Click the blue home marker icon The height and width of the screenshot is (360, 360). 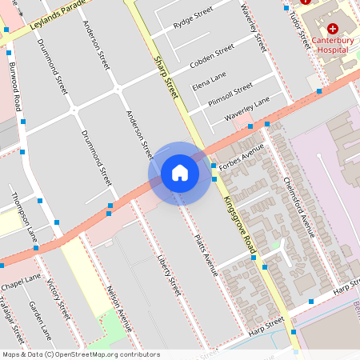[180, 173]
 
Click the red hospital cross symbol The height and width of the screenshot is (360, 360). [332, 28]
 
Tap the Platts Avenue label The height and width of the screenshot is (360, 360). [206, 254]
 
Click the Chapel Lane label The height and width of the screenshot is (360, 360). [21, 281]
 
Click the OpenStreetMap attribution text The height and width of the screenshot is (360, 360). [80, 354]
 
